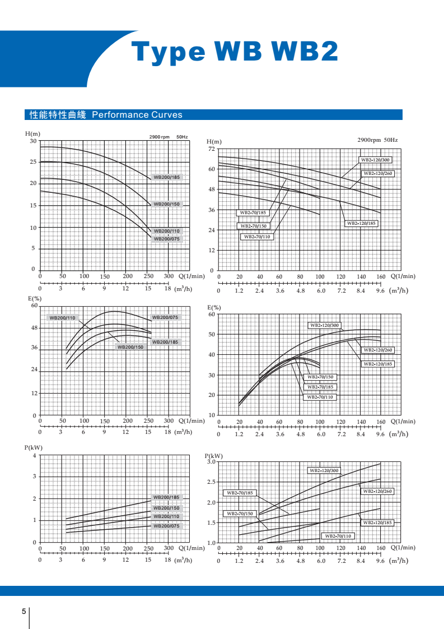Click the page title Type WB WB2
[235, 52]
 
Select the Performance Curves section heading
[106, 115]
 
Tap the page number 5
[24, 611]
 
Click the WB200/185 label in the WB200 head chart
[167, 177]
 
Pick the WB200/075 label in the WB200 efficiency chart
[165, 317]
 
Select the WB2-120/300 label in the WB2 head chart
[375, 160]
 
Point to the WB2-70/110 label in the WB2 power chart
[339, 536]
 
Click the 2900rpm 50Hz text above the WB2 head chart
[377, 140]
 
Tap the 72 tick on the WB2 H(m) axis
[211, 149]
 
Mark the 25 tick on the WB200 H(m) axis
[34, 162]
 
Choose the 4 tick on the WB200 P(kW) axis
[34, 455]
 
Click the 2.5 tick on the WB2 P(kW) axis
[211, 482]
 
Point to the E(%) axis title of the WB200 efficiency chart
[35, 298]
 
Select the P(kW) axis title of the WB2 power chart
[214, 456]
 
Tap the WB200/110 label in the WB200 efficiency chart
[62, 318]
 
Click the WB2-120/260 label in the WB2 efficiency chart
[378, 350]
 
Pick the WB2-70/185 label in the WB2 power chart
[240, 493]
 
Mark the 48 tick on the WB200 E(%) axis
[34, 327]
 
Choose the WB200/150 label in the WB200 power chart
[166, 508]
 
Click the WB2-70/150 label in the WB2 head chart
[254, 226]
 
